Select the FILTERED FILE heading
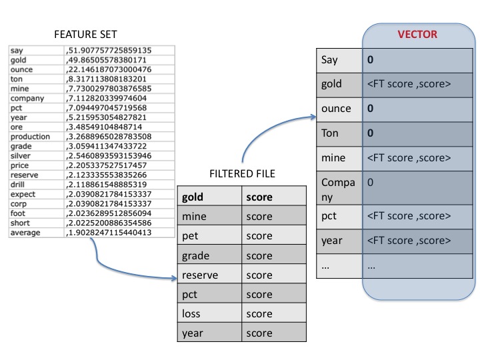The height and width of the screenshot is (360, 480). click(x=242, y=175)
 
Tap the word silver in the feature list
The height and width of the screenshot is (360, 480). click(x=21, y=155)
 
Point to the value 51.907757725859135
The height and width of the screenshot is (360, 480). click(x=109, y=50)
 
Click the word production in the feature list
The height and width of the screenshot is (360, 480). click(x=30, y=136)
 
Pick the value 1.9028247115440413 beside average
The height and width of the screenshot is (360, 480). click(x=109, y=232)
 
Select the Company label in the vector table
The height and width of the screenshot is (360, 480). click(x=338, y=188)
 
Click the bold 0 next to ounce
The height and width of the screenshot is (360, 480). click(x=369, y=108)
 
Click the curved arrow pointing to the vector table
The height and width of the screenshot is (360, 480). click(x=267, y=133)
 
